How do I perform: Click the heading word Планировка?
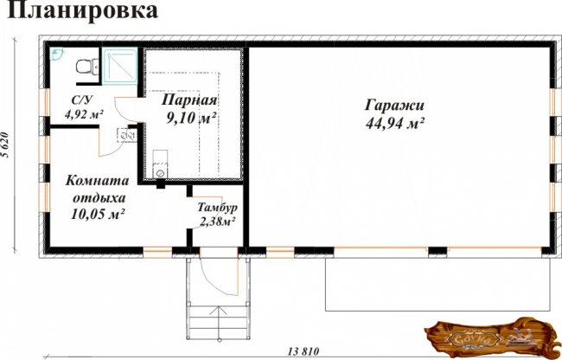(x=82, y=10)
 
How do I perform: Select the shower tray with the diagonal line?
(x=119, y=66)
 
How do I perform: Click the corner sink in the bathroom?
(x=56, y=54)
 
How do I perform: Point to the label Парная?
(x=189, y=100)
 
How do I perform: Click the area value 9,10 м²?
(x=191, y=117)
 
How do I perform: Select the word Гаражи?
(x=394, y=106)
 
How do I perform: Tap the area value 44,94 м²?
(x=395, y=124)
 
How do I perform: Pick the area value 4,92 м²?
(x=84, y=114)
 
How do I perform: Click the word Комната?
(x=97, y=180)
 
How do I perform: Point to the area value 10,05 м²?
(x=97, y=214)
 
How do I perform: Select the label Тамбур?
(x=217, y=207)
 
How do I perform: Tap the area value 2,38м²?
(x=217, y=222)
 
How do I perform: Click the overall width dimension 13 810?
(x=303, y=351)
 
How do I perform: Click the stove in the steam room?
(x=160, y=164)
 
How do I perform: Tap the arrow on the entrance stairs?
(x=219, y=316)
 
